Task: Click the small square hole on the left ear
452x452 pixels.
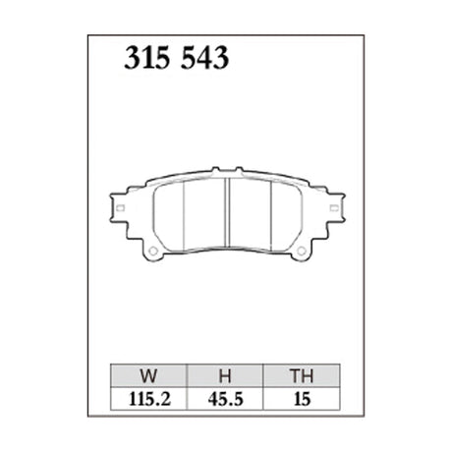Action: click(119, 208)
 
